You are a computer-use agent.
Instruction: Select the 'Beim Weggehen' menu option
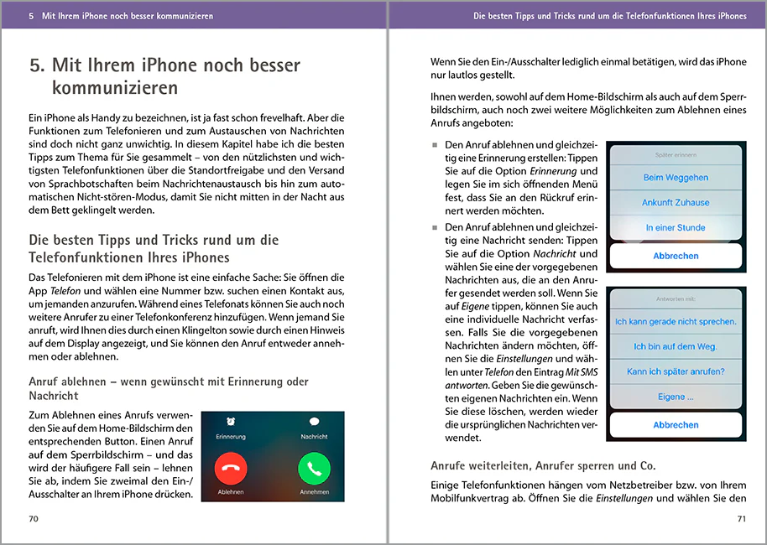676,178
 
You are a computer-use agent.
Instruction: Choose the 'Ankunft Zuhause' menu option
676,202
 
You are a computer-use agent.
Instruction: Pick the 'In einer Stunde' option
676,227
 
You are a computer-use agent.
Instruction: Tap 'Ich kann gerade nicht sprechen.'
676,321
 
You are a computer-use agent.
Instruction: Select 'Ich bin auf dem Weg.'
676,346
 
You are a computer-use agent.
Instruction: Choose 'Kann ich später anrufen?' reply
676,371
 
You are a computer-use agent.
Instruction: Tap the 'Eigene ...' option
676,397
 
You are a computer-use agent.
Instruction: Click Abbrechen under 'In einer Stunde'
676,256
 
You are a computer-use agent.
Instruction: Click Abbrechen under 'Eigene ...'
676,425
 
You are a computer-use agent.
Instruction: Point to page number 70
34,519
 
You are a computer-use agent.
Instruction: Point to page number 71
741,519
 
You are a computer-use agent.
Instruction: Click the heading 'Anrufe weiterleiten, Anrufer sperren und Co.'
543,465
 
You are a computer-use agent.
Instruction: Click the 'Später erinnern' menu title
676,155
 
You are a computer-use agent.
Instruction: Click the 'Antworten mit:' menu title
676,298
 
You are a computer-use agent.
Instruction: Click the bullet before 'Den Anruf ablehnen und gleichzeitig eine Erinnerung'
435,145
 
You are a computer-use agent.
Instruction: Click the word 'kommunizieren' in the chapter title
114,87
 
